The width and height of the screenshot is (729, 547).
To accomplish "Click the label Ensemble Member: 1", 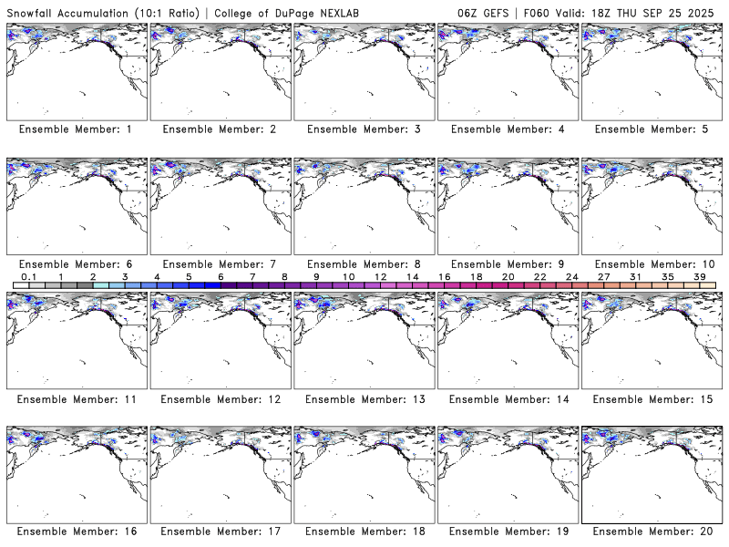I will [x=75, y=129].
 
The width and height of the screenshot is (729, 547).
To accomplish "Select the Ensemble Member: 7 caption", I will [x=219, y=264].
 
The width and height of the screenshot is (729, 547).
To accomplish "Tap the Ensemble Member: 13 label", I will [x=363, y=399].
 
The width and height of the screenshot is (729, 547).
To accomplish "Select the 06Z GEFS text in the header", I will [x=484, y=11].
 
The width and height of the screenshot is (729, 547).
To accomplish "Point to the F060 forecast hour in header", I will [x=538, y=11].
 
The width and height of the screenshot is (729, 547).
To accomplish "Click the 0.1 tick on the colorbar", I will [x=28, y=276].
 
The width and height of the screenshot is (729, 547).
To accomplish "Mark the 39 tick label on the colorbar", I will [x=699, y=276].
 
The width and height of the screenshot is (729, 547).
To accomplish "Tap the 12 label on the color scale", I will [x=380, y=276].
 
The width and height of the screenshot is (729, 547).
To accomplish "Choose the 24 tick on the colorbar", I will [x=571, y=276].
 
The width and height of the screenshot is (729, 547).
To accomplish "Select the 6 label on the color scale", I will [x=221, y=276].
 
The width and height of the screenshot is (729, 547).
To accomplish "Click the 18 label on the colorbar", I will [x=476, y=276].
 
